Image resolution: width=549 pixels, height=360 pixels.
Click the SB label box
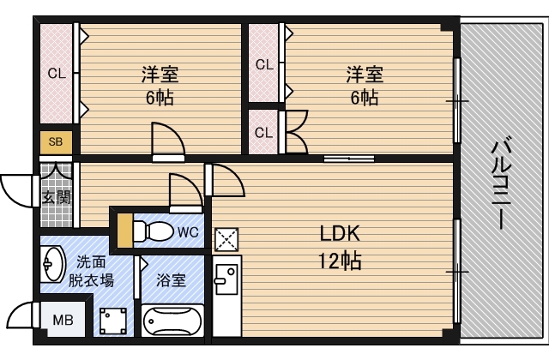click(x=56, y=142)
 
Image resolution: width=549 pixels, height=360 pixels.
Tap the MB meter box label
click(x=63, y=320)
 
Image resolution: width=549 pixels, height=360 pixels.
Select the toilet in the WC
click(x=154, y=231)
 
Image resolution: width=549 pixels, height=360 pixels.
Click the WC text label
click(x=188, y=232)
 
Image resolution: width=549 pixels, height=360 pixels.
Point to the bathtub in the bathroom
click(x=172, y=321)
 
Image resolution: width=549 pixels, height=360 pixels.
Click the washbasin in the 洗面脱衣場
click(x=53, y=264)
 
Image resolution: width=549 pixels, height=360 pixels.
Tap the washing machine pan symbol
click(x=113, y=321)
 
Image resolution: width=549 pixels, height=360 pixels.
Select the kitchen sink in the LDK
click(x=226, y=279)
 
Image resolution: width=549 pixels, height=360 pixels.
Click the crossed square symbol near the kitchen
click(x=226, y=240)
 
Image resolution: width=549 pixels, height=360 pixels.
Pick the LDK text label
click(x=340, y=233)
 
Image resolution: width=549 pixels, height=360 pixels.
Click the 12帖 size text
click(x=340, y=261)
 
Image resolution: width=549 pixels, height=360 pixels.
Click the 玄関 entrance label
click(x=57, y=198)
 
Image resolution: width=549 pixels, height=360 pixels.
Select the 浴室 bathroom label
click(x=171, y=280)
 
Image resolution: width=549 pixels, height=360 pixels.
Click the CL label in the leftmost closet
click(x=57, y=74)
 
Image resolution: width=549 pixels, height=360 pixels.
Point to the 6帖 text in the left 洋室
click(x=160, y=97)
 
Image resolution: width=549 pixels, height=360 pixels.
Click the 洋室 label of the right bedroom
click(x=365, y=75)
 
